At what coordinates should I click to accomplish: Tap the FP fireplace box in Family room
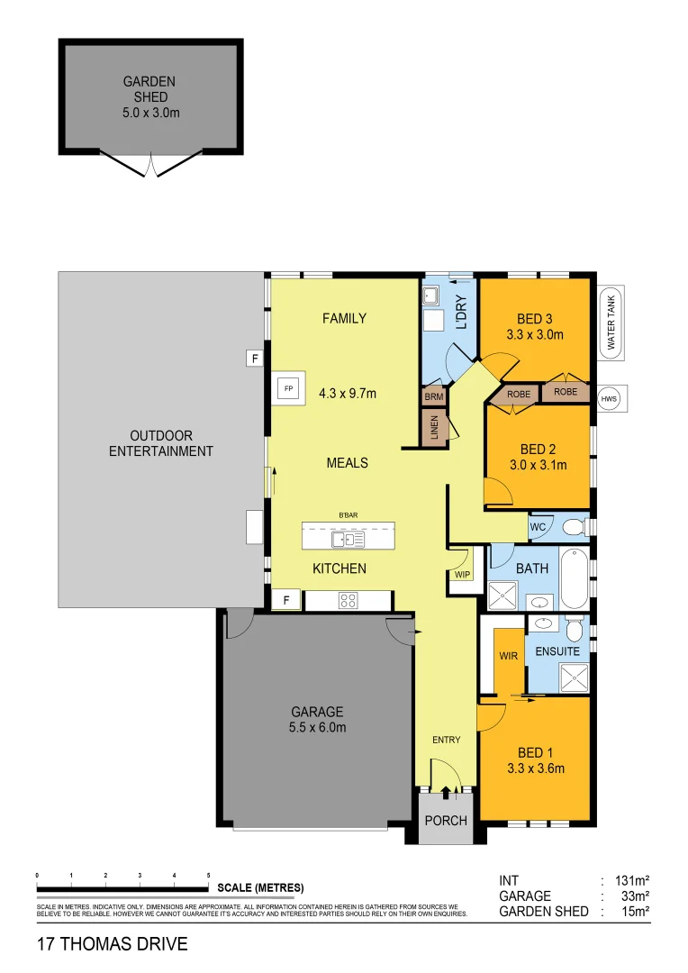pos(289,388)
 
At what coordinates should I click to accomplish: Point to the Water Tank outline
pos(611,323)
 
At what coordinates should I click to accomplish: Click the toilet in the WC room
pos(572,526)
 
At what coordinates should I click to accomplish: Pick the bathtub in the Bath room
pos(573,579)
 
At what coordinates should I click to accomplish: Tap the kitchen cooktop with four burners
pos(349,601)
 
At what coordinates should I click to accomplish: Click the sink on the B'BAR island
pos(342,539)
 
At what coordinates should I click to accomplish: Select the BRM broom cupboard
pos(433,396)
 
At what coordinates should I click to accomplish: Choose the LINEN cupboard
pos(434,427)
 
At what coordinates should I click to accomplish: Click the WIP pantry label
pos(463,574)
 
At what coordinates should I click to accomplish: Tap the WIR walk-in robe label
pos(509,656)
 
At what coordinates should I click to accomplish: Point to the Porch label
pos(446,820)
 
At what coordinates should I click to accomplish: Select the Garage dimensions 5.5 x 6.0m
pos(316,728)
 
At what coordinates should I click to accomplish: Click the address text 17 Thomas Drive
pos(113,944)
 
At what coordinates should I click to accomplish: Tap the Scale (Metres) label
pos(261,887)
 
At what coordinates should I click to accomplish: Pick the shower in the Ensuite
pos(572,677)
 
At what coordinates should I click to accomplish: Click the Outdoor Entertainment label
pos(161,443)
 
